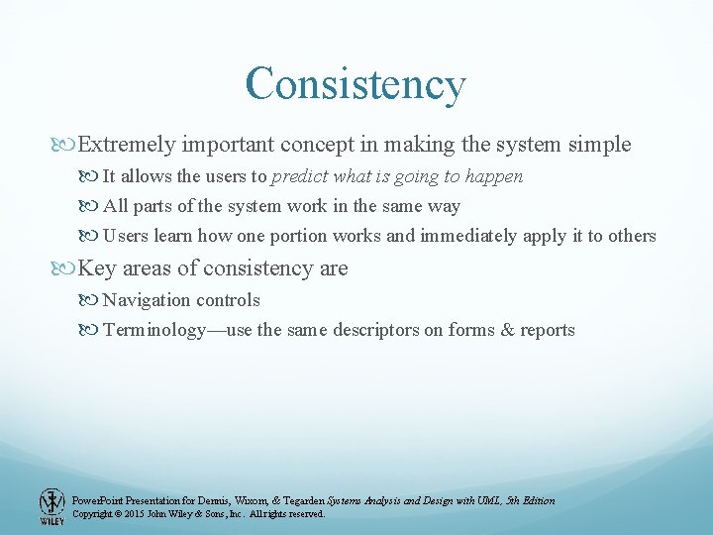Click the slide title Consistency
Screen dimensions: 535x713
356,84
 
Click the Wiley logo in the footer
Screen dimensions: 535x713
51,506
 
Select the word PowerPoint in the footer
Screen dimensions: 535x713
99,500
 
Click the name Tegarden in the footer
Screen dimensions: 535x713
299,500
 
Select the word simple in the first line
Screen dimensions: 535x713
599,145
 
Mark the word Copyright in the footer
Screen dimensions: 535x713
94,514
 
